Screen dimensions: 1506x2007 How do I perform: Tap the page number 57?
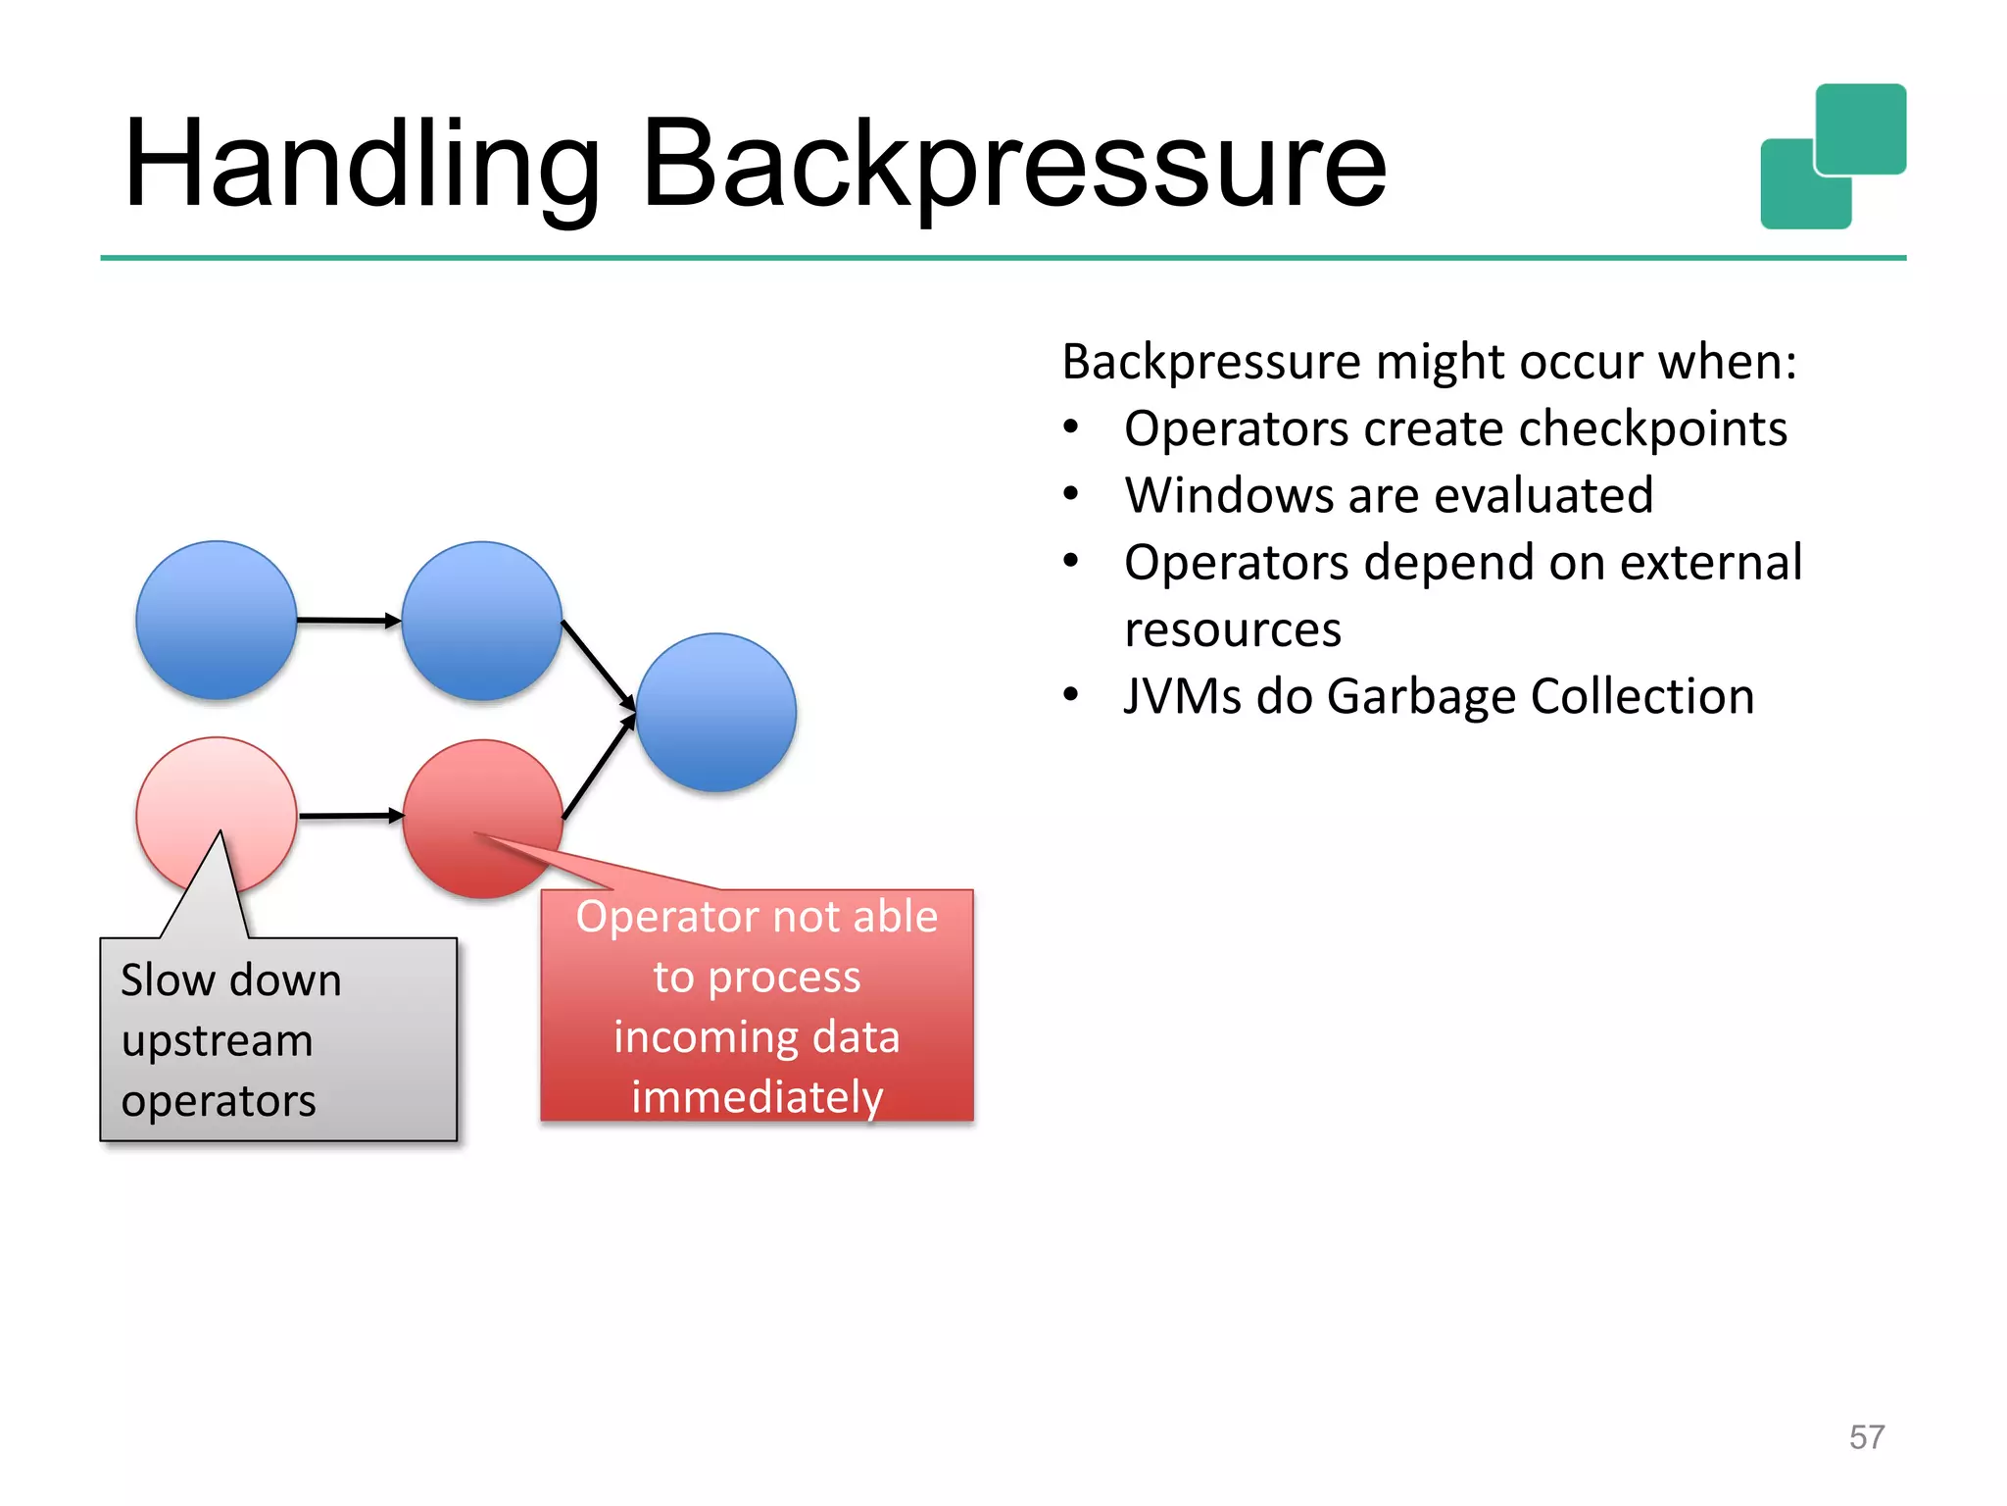coord(1866,1437)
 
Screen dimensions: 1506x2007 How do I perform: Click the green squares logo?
coord(1833,157)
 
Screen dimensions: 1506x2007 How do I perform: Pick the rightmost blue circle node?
coord(716,713)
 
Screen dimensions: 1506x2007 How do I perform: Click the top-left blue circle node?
coord(217,620)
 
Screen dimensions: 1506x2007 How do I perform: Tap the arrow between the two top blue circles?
coord(349,620)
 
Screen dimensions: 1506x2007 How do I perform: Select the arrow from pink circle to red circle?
coord(351,816)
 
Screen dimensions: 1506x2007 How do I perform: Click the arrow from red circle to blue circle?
coord(599,767)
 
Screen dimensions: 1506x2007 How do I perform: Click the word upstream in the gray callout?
coord(217,1041)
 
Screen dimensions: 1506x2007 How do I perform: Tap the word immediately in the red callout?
coord(757,1097)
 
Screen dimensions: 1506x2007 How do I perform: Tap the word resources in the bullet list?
coord(1232,629)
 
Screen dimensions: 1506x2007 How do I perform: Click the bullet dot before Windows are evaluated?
coord(1071,494)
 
